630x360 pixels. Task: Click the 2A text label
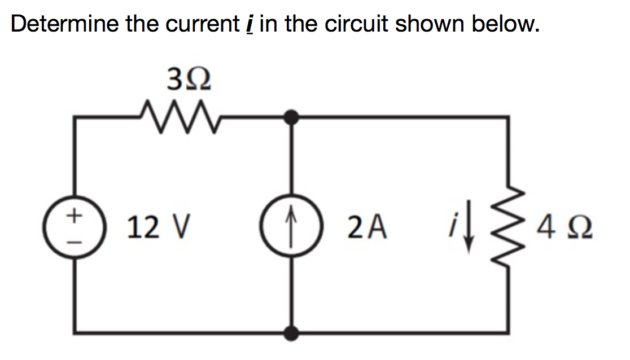click(x=368, y=228)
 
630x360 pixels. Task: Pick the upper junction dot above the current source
click(x=291, y=117)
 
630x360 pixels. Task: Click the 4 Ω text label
click(x=565, y=228)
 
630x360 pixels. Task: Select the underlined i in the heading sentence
click(x=249, y=25)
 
